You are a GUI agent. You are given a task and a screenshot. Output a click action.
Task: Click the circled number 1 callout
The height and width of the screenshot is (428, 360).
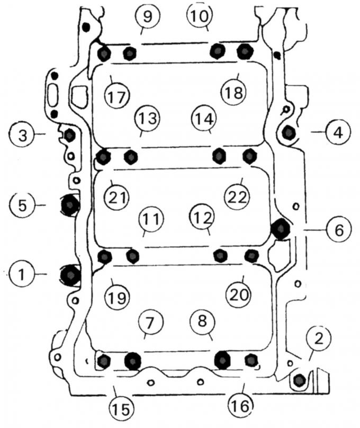click(22, 274)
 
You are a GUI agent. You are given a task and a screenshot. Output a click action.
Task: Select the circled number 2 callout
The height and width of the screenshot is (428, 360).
click(318, 338)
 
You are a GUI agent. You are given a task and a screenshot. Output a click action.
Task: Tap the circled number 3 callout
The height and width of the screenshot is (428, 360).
click(22, 135)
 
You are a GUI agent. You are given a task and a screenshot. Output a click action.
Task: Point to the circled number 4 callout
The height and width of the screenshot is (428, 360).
click(338, 132)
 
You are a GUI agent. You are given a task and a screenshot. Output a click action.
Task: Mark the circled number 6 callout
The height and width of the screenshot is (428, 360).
click(339, 229)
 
